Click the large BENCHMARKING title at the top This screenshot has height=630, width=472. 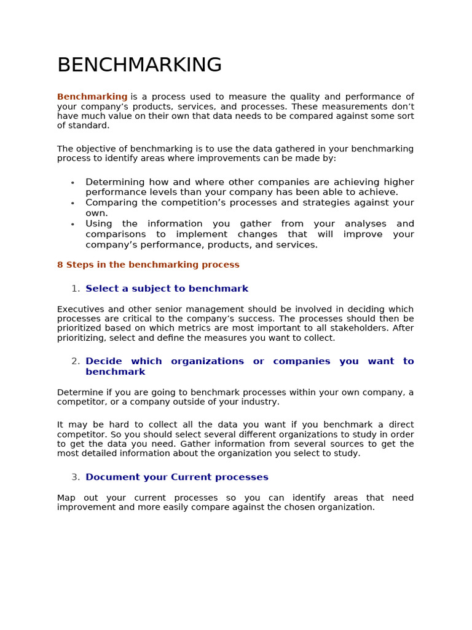(x=140, y=65)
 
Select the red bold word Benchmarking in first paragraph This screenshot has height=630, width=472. (x=92, y=97)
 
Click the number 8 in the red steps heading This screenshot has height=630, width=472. (x=60, y=265)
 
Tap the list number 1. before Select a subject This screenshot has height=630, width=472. (x=76, y=289)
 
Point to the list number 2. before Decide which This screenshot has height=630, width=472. (x=76, y=361)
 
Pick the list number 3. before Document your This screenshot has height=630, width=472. (x=76, y=477)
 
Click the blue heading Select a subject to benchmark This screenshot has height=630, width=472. (x=167, y=289)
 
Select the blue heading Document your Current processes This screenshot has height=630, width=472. (x=177, y=477)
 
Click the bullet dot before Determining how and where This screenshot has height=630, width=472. (x=73, y=183)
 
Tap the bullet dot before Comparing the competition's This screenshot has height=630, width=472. (x=73, y=203)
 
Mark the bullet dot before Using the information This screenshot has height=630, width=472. (x=73, y=225)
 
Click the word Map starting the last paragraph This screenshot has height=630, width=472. (x=66, y=497)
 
